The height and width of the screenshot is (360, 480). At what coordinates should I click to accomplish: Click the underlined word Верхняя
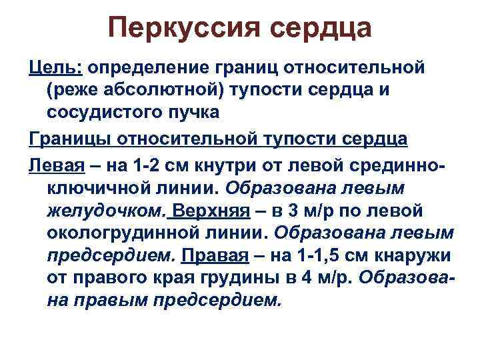pos(209,211)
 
